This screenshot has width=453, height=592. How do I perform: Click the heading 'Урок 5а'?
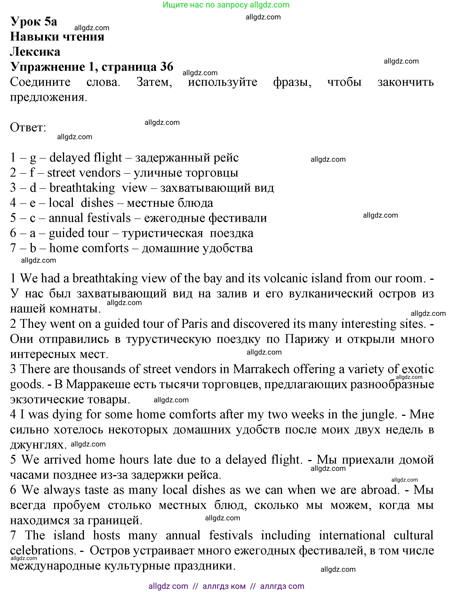click(x=34, y=22)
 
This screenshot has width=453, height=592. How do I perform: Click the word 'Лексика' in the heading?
click(x=35, y=52)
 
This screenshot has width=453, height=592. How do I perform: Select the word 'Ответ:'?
click(x=28, y=127)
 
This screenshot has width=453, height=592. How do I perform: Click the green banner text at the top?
click(x=226, y=5)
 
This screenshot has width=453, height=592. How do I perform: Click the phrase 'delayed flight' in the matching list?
click(x=86, y=157)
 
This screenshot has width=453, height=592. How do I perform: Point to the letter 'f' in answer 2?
click(x=32, y=173)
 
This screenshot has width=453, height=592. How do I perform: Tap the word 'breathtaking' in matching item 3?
click(x=82, y=188)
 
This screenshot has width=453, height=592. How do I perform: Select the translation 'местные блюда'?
click(x=170, y=203)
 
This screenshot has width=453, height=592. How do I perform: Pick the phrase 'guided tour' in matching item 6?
click(x=79, y=233)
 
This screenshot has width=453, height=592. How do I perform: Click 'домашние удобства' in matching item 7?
click(x=197, y=248)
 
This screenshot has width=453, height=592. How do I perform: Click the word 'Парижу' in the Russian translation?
click(x=307, y=339)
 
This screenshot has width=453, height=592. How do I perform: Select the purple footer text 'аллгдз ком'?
click(x=224, y=586)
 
